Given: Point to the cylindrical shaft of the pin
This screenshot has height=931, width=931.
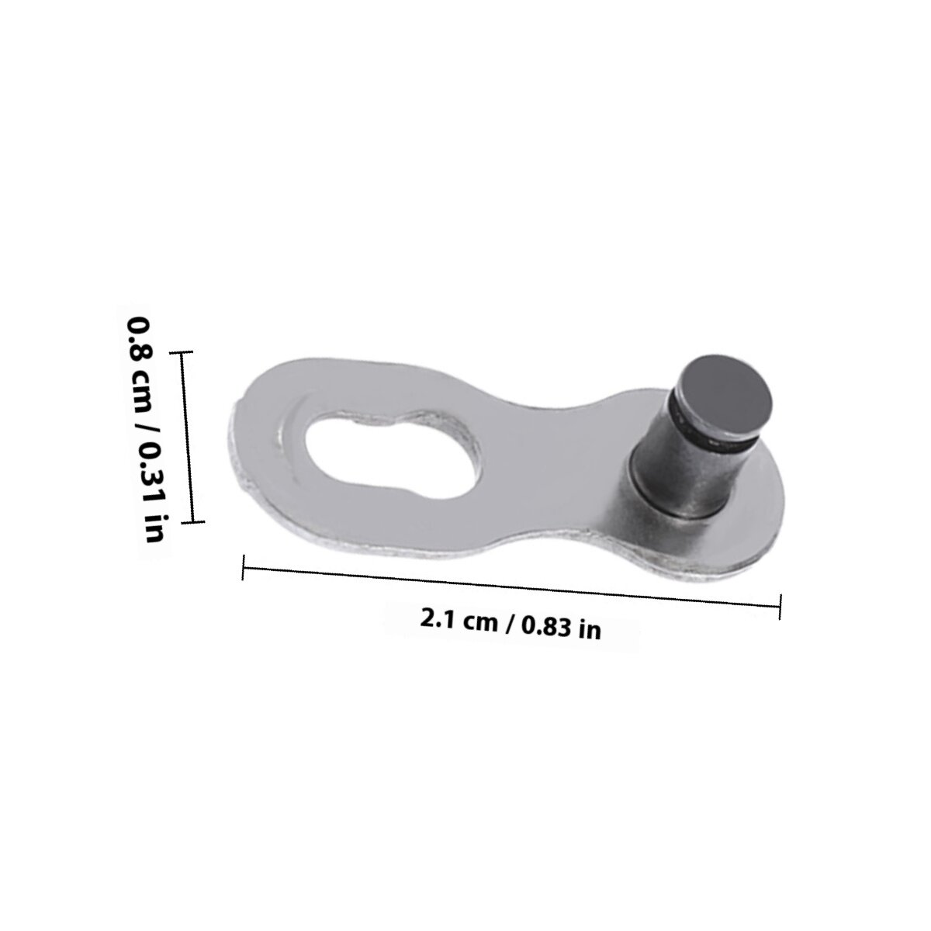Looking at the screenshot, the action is pos(686,471).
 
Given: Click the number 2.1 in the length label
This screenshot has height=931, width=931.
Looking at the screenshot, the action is pos(438,618).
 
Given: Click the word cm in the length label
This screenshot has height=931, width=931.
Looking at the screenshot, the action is pos(481,622).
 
